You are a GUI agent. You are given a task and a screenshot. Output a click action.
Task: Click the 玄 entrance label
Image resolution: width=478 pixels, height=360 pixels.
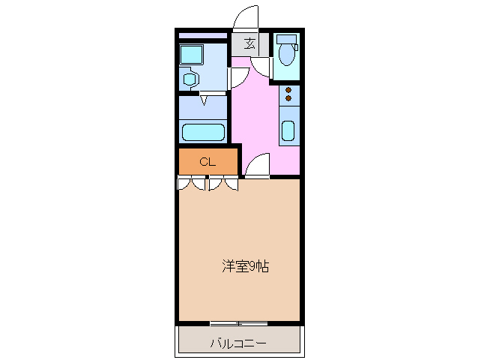tap(249, 43)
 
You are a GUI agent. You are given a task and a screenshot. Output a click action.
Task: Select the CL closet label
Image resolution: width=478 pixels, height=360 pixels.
tap(208, 161)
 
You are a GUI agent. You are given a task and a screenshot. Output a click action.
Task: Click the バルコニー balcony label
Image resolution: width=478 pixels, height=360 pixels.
tap(238, 344)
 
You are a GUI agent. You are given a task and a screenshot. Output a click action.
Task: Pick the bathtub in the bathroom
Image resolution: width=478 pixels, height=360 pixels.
tap(204, 133)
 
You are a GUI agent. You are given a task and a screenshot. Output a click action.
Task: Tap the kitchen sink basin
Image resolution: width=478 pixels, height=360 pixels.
tap(288, 130)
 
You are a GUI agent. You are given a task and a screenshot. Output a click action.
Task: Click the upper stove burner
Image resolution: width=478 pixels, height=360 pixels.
tap(288, 90)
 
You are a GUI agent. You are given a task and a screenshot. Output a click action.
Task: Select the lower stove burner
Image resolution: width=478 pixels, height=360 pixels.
tap(288, 99)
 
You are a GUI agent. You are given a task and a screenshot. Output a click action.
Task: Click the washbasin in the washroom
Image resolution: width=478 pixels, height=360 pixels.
tap(190, 78)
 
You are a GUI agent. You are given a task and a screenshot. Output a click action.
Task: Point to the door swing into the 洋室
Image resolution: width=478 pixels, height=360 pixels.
tap(257, 165)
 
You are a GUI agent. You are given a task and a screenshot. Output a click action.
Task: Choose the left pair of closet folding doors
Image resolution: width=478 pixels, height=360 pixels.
tap(193, 182)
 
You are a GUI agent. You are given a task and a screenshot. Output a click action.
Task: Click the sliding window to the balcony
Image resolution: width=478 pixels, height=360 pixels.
tap(238, 324)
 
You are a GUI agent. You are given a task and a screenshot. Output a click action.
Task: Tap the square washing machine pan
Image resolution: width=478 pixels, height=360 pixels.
tap(192, 54)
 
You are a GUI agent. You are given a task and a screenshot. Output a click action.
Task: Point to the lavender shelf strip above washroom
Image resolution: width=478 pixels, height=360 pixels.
tap(203, 35)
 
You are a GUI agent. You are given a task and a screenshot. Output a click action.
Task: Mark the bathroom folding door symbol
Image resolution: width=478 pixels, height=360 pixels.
tap(203, 97)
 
